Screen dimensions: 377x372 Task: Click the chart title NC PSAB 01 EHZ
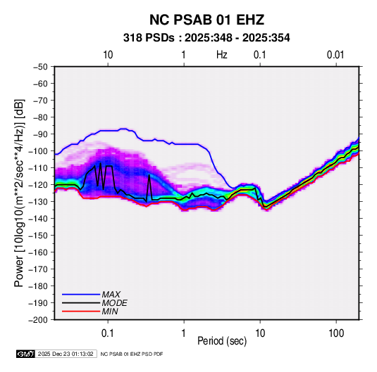[206, 20]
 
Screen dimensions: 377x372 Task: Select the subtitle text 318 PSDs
[149, 38]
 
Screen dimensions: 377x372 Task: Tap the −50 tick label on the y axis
[40, 67]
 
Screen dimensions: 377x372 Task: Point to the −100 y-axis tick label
[38, 151]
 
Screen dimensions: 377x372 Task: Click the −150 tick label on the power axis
[38, 236]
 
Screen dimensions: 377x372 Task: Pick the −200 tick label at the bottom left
[38, 320]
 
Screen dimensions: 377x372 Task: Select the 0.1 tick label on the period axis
[108, 333]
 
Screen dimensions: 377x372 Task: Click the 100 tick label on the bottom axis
[336, 333]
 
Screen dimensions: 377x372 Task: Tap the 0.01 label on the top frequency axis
[335, 55]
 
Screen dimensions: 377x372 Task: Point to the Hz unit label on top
[222, 55]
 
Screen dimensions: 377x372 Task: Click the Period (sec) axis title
[222, 341]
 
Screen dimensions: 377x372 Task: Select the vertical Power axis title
[19, 193]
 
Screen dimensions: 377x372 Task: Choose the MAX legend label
[111, 295]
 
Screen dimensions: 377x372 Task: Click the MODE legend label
[114, 303]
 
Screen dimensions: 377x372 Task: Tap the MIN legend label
[110, 312]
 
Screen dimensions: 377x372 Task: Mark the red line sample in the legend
[81, 312]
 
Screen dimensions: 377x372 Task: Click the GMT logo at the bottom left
[26, 354]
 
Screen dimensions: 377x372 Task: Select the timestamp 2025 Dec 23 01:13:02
[66, 354]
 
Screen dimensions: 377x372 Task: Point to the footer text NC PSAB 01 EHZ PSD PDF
[132, 354]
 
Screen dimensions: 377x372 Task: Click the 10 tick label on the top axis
[108, 55]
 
